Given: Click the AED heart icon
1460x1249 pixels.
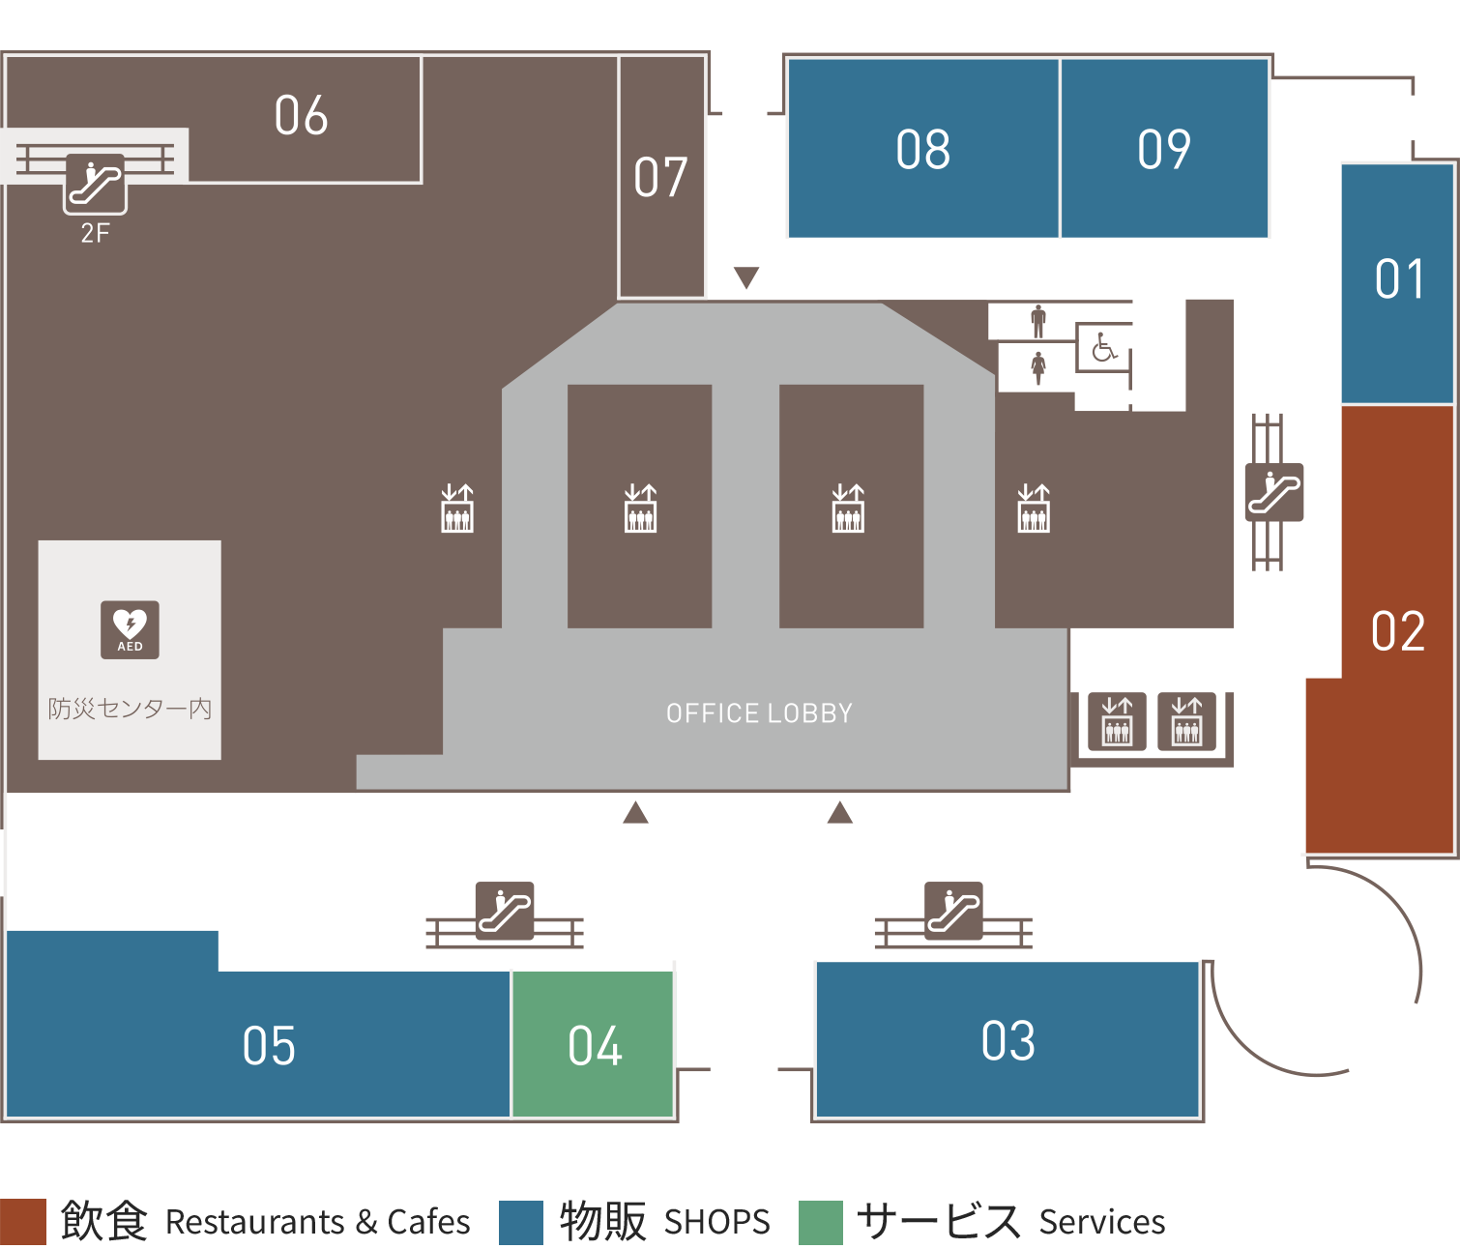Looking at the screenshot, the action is [130, 629].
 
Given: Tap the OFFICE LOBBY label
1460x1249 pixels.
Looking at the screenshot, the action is [759, 713].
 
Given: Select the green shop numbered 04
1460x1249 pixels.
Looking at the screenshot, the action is [593, 1044].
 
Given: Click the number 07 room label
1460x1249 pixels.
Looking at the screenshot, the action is [660, 177].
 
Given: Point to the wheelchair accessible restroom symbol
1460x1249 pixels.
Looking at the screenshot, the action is [1104, 347].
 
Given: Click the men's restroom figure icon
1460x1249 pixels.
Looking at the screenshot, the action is [1037, 321].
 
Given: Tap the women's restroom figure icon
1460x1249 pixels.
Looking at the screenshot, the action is [1037, 368].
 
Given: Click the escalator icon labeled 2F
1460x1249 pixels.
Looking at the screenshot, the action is [95, 185].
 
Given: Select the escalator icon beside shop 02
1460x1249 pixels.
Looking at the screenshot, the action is [1274, 492].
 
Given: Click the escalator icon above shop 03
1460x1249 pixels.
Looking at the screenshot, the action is [953, 911].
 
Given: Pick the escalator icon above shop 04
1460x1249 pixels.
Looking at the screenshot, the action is [505, 911].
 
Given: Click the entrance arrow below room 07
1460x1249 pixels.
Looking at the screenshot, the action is [745, 277].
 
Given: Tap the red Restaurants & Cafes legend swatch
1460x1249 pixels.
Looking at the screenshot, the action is [22, 1222].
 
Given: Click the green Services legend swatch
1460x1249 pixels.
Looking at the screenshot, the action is [821, 1222].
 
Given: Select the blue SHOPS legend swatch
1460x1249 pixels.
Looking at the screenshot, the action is [520, 1222].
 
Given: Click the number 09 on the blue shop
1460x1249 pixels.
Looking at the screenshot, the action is [1164, 150].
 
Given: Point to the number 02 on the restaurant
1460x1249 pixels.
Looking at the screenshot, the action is [1398, 631].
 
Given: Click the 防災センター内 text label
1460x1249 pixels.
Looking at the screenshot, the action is [130, 709].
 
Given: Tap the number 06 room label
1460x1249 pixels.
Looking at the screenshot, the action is [301, 115].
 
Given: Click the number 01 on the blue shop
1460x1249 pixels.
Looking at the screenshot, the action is [1399, 279].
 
